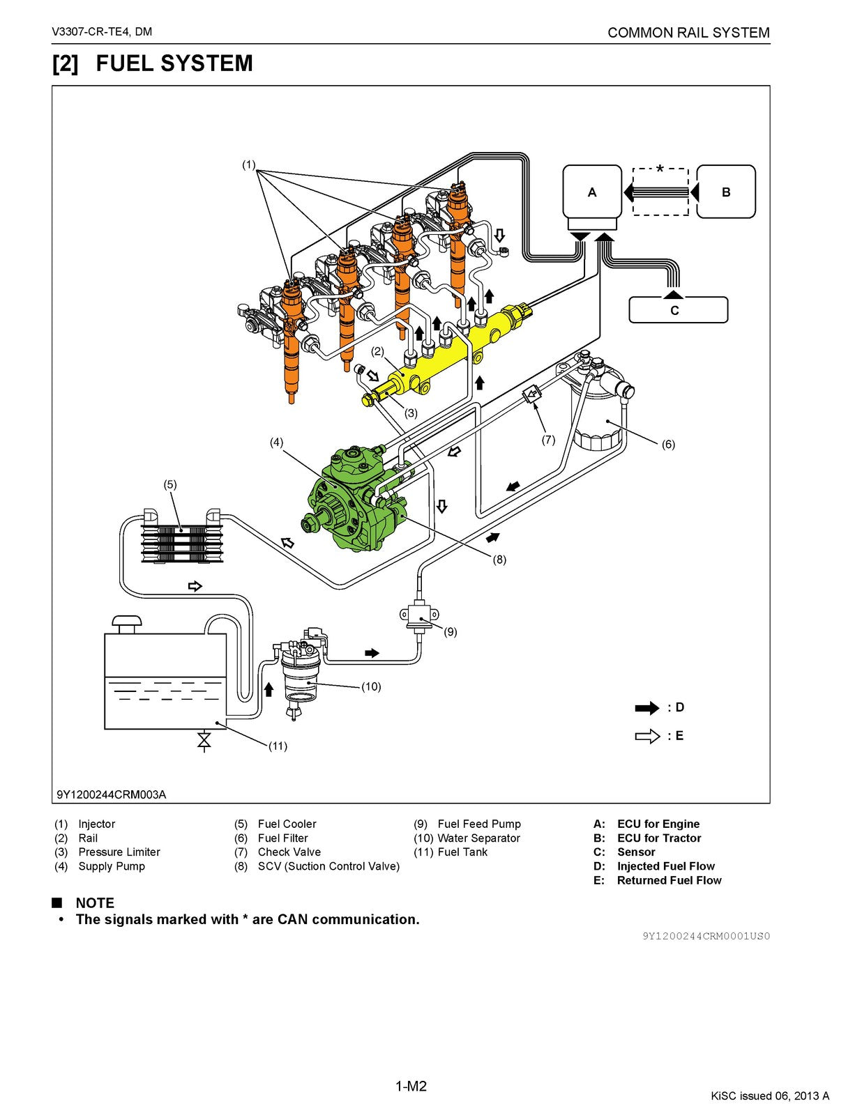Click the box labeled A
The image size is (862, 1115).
click(591, 192)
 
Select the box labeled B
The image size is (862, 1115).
click(725, 192)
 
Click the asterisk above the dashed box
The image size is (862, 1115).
click(660, 169)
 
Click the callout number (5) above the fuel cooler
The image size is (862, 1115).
click(170, 484)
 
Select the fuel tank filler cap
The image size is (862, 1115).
click(128, 622)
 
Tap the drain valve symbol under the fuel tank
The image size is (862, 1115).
click(204, 741)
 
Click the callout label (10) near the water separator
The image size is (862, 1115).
click(371, 686)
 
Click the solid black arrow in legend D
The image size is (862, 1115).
click(646, 708)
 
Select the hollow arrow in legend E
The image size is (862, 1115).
click(646, 736)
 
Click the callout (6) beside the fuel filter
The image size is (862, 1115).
click(667, 444)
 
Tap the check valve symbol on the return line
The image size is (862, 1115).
click(531, 395)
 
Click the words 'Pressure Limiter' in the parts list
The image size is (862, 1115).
click(119, 852)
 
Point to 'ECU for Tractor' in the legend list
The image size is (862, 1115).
click(658, 838)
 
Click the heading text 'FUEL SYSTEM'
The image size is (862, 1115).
click(174, 63)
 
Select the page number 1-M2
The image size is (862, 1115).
click(411, 1086)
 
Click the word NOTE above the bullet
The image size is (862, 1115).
click(95, 902)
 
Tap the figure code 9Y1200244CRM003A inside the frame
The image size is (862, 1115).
click(112, 794)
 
